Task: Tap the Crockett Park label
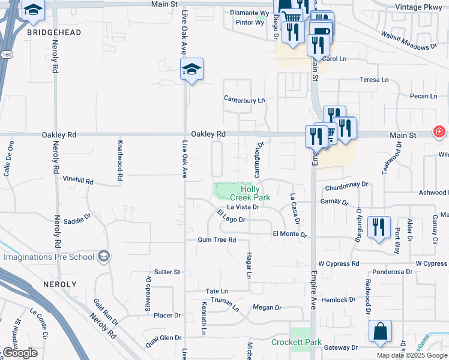pyautogui.click(x=297, y=343)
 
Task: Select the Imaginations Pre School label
pyautogui.click(x=49, y=257)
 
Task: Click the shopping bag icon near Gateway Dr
pyautogui.click(x=381, y=332)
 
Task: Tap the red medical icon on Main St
pyautogui.click(x=439, y=131)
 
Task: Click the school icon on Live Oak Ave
pyautogui.click(x=192, y=70)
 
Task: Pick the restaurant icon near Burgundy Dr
pyautogui.click(x=379, y=227)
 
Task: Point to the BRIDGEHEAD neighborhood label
pyautogui.click(x=54, y=32)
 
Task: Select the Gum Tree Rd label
pyautogui.click(x=217, y=240)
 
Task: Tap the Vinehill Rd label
pyautogui.click(x=78, y=179)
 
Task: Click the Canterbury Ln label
pyautogui.click(x=244, y=100)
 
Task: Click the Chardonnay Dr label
pyautogui.click(x=346, y=188)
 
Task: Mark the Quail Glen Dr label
pyautogui.click(x=161, y=338)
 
